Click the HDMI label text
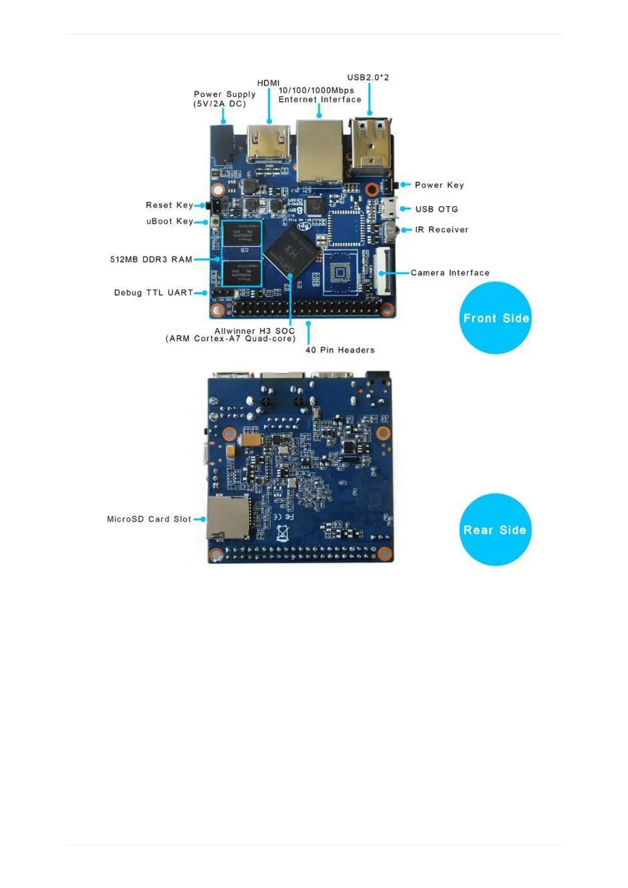point(268,83)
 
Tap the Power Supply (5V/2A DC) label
point(224,99)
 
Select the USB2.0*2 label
point(368,77)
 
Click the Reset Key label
point(169,205)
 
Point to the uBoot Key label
point(169,221)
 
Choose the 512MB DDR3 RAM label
point(151,259)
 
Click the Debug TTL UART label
point(153,293)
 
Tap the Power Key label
point(439,185)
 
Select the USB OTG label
point(436,209)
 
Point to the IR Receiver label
point(441,230)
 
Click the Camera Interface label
point(450,273)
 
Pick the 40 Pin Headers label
point(340,350)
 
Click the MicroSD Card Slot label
point(149,519)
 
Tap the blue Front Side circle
point(495,318)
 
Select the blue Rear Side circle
point(495,530)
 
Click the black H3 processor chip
point(292,250)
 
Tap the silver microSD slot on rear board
point(228,517)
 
